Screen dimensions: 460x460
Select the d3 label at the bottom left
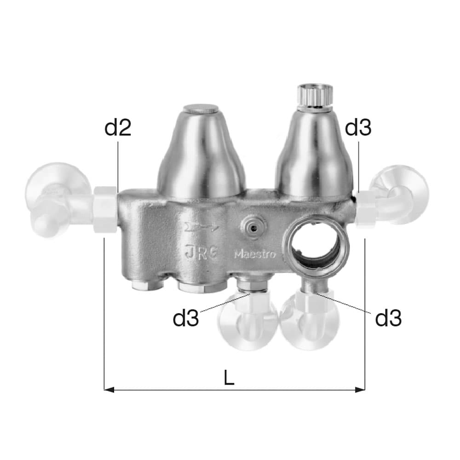[186, 318]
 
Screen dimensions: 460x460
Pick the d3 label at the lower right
[388, 318]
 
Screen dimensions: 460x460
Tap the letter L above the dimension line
[229, 378]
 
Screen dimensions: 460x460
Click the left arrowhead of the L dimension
[109, 390]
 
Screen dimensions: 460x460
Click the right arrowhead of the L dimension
[360, 390]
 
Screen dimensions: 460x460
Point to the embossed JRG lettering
[201, 253]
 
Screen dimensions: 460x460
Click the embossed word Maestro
[255, 254]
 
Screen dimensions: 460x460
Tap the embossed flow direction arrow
[201, 227]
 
